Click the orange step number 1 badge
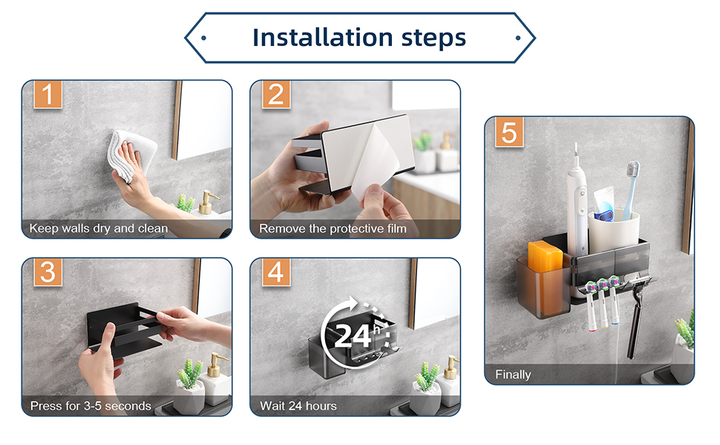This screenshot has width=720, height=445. point(48,94)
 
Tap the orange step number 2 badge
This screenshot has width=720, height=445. point(276,94)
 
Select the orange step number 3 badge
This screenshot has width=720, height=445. point(48,272)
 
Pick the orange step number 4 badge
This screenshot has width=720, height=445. point(276,272)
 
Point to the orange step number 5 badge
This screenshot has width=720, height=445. point(509,132)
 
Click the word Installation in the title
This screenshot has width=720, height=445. point(323,37)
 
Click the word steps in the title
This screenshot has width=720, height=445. point(434,39)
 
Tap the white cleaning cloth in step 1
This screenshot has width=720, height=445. point(131,154)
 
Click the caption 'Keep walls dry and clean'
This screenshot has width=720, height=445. point(99,228)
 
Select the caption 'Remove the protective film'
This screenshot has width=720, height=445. point(333,228)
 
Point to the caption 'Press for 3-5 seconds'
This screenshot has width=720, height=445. point(91,406)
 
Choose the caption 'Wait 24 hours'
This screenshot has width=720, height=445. point(298,406)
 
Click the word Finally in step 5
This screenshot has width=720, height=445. point(513,375)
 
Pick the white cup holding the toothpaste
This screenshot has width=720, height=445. point(614,231)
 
